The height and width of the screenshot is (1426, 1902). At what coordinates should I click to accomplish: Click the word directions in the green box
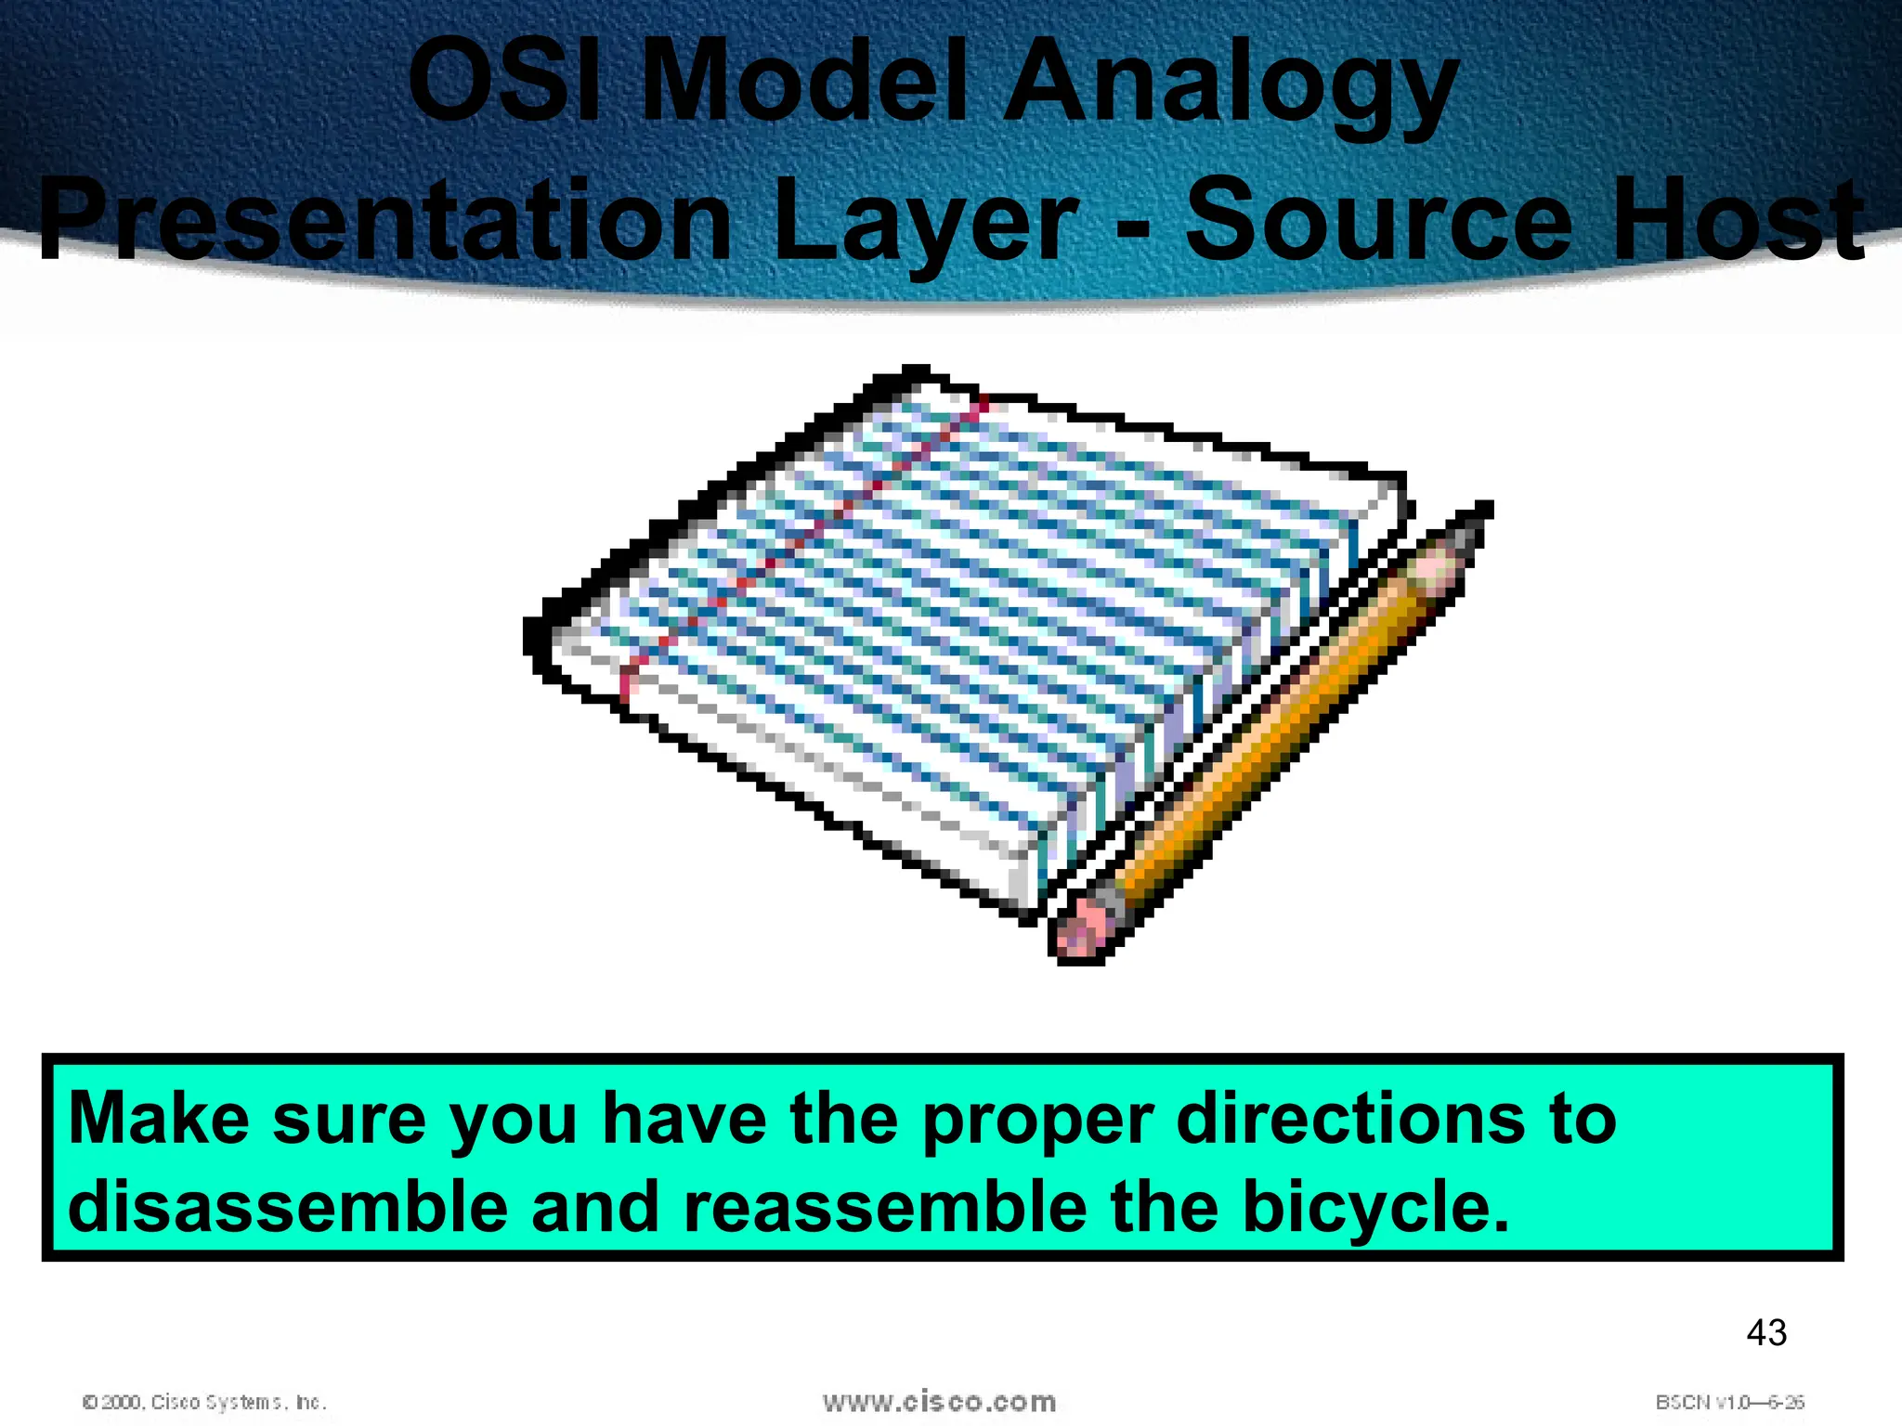coord(1351,1119)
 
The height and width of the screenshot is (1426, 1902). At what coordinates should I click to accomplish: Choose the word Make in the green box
coord(158,1119)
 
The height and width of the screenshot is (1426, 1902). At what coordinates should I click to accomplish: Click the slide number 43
coord(1766,1333)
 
